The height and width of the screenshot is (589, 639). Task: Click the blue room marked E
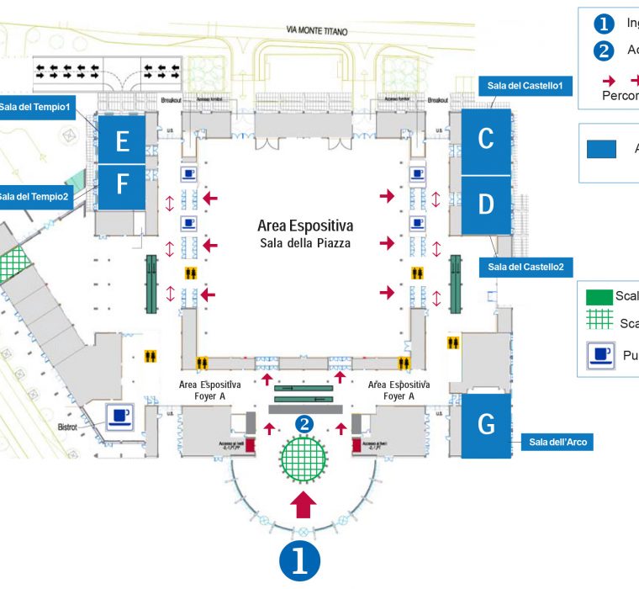point(122,141)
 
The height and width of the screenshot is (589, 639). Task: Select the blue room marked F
point(122,186)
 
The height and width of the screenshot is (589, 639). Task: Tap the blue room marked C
point(485,141)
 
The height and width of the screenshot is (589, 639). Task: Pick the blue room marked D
point(485,204)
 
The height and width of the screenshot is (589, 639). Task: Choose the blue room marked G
point(486,425)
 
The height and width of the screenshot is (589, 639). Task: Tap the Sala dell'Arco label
point(556,442)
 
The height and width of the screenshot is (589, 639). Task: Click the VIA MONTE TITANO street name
point(317,30)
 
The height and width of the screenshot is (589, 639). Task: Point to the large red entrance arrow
point(304,505)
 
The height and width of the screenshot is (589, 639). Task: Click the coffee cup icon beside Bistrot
point(119,415)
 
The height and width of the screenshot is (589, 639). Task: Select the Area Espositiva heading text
point(304,226)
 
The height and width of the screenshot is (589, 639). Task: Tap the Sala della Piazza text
point(304,243)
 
